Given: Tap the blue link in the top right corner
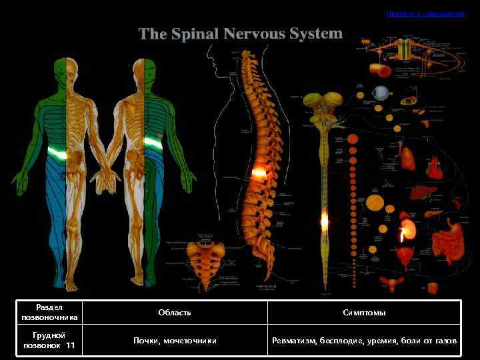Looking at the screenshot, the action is coord(425,13).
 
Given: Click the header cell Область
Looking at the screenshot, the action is coord(175,313).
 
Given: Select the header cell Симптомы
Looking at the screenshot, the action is coord(364,313).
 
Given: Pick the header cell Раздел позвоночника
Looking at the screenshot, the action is coord(49,313).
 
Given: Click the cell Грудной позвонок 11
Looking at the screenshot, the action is coord(49,341).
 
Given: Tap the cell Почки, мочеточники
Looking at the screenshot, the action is coord(175,341).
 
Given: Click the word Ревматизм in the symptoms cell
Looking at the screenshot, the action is coord(294,341).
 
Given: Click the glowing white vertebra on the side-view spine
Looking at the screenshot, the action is coord(258,173).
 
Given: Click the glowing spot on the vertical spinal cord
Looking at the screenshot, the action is coord(325,219).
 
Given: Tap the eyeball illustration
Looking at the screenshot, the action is coord(381,92).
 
